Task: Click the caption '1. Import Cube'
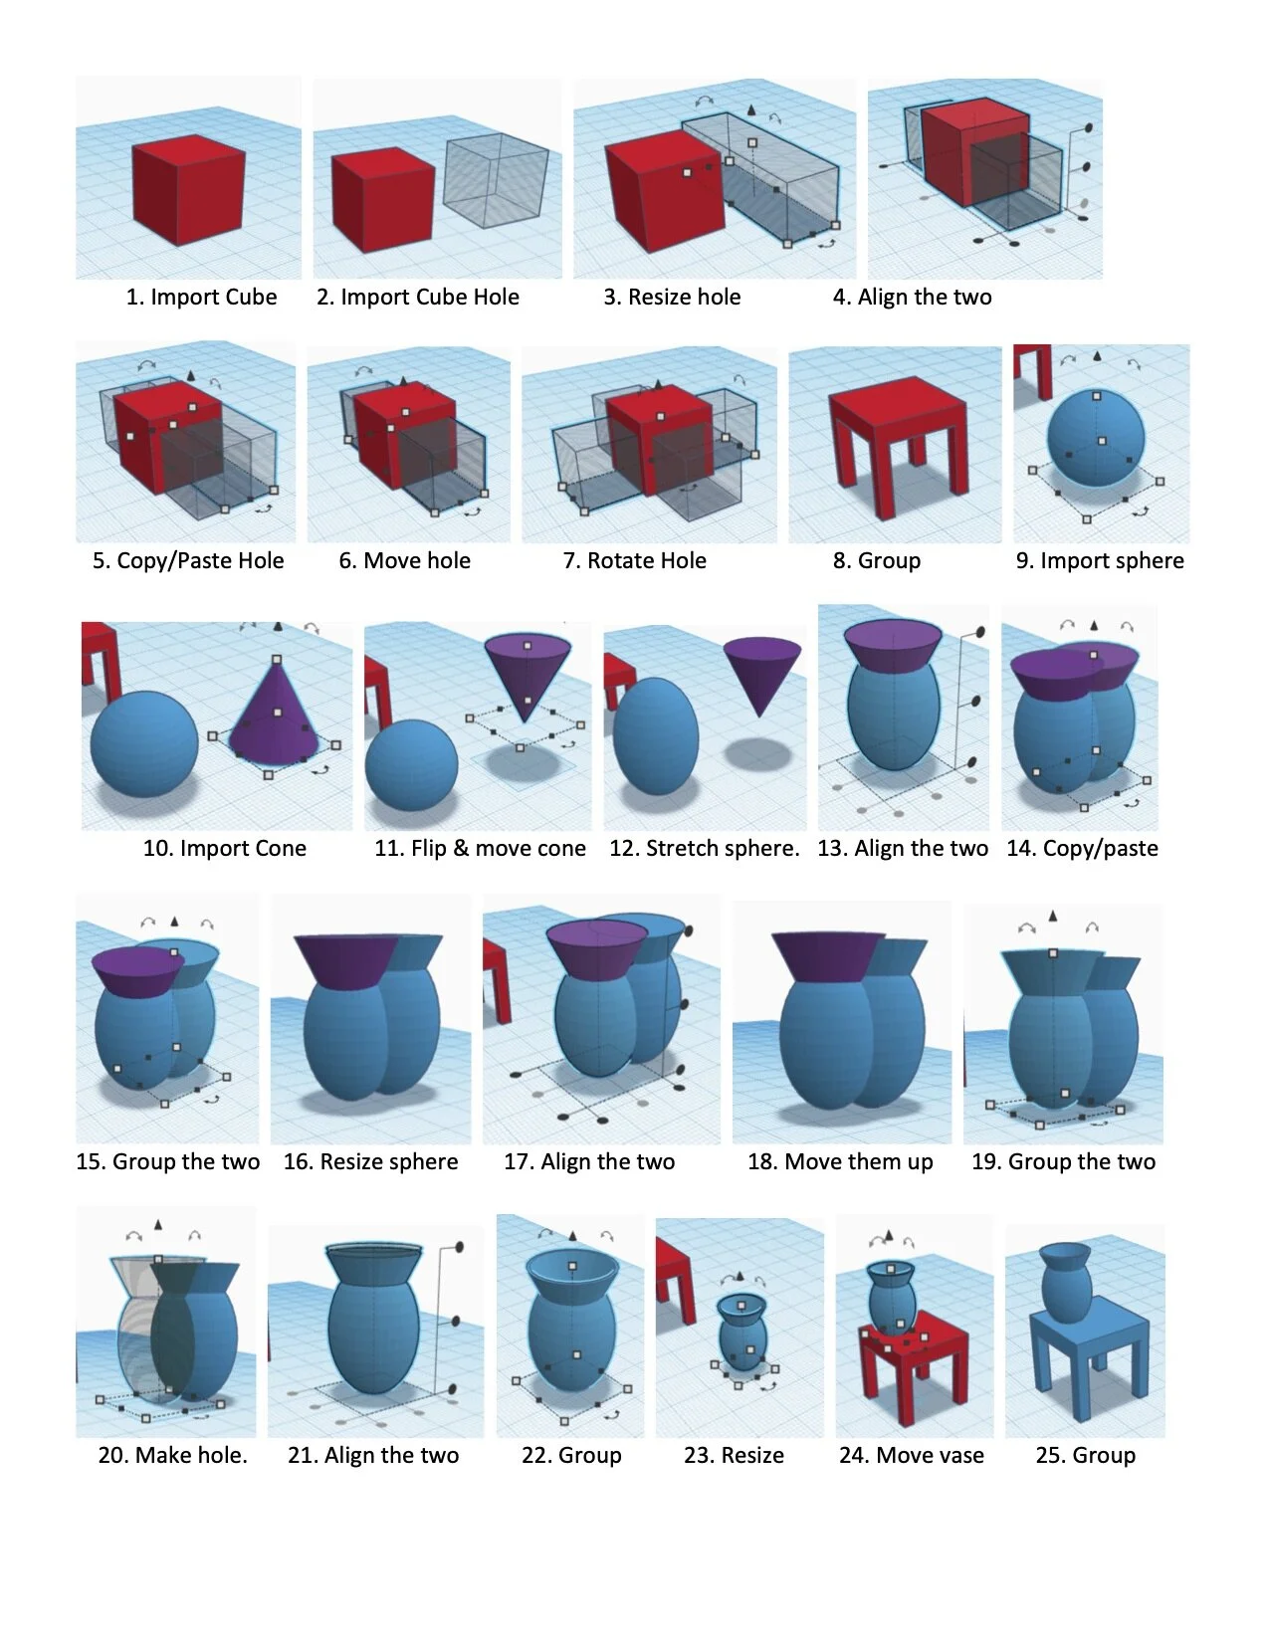click(201, 297)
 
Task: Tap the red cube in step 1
click(188, 190)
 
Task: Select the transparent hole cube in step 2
click(496, 180)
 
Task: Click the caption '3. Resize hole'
click(672, 297)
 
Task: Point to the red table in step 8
click(897, 446)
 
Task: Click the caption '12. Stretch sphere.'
click(705, 848)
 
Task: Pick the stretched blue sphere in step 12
click(655, 735)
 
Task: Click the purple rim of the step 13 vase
click(893, 646)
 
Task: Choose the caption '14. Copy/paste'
click(1082, 848)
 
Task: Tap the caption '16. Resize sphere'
click(370, 1161)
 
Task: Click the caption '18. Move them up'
click(840, 1161)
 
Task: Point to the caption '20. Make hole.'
click(173, 1455)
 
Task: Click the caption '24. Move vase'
click(911, 1455)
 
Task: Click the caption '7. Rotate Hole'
click(634, 560)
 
